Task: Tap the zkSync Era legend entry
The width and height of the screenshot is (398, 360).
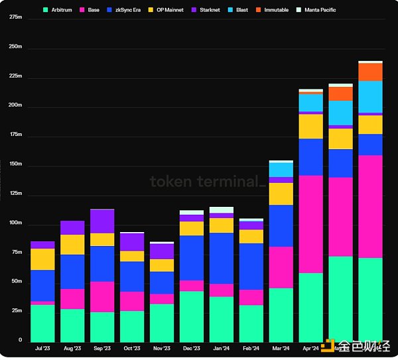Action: point(126,11)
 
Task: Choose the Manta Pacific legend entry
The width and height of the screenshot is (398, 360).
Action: point(319,11)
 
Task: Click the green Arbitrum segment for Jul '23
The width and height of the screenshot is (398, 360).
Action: point(42,322)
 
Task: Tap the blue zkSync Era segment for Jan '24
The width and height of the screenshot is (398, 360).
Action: point(222,259)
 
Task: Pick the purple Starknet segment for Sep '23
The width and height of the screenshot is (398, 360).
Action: point(102,221)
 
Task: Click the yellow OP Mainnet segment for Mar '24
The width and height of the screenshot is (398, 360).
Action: point(281,194)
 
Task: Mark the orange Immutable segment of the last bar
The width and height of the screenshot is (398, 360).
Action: point(370,72)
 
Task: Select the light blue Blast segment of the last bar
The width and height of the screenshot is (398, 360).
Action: point(370,97)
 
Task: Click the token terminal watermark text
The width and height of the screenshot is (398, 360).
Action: point(207,181)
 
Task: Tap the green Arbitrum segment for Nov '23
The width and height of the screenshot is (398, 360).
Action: point(162,322)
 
